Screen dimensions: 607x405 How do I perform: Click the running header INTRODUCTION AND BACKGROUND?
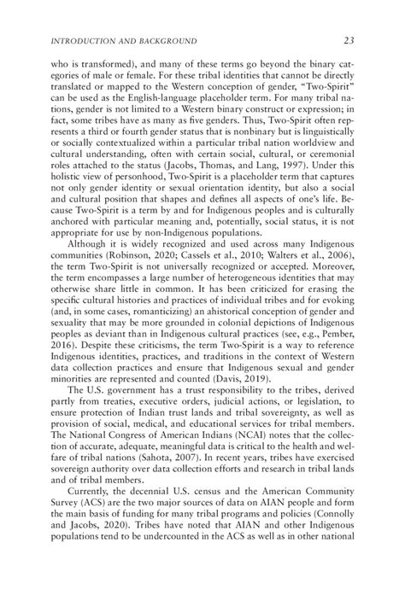126,40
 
